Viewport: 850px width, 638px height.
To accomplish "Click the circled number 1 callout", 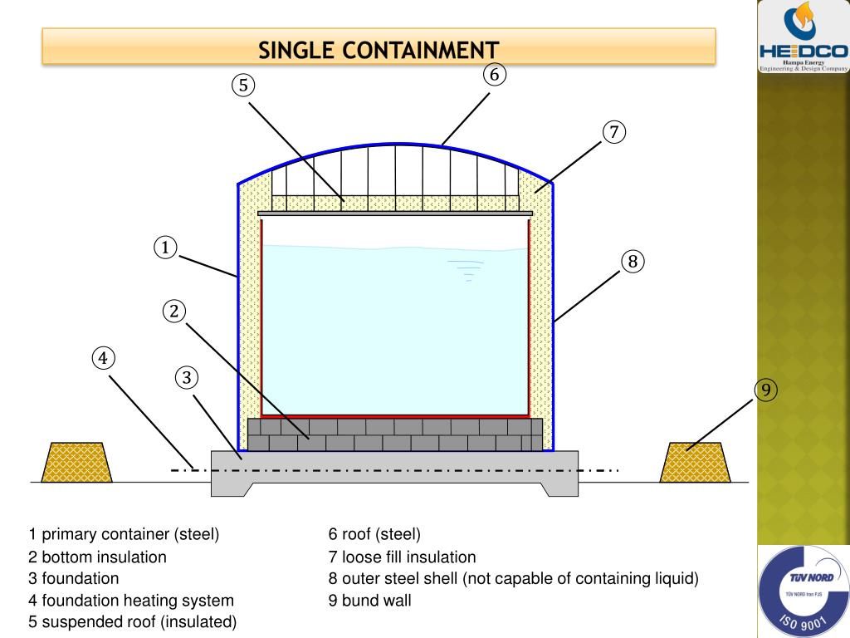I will pos(166,248).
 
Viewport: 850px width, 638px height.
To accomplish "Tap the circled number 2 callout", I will pos(174,312).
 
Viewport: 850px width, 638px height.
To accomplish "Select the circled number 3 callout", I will pos(188,378).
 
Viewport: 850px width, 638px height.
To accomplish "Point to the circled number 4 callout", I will pos(103,358).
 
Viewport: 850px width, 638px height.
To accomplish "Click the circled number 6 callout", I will pos(494,74).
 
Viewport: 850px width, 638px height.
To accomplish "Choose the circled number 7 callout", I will pos(613,131).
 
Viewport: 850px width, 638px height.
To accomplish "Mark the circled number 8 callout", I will pos(632,262).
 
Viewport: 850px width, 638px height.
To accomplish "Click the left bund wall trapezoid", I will pos(77,462).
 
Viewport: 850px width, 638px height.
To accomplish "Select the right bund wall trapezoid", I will pos(696,462).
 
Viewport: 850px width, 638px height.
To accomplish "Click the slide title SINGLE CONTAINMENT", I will pos(379,50).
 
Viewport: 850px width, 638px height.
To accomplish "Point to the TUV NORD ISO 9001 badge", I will pos(804,591).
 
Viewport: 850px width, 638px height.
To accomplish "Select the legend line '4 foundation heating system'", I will pos(132,599).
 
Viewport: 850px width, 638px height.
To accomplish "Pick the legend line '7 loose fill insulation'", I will pos(403,556).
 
